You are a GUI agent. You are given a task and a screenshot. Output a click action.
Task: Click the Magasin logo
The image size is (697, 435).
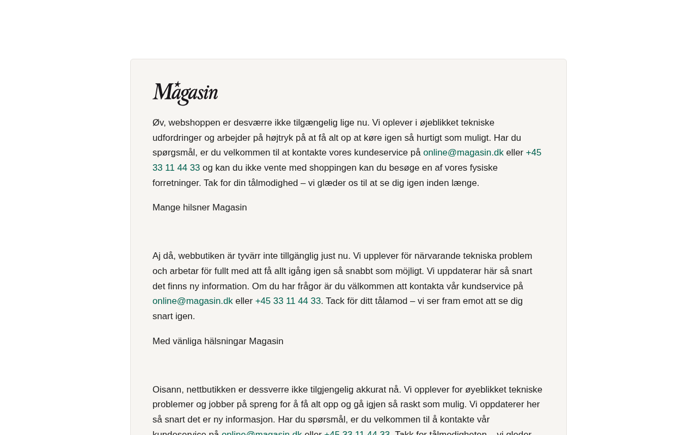click(185, 93)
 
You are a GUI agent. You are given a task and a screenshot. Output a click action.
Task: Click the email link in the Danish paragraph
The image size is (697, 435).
click(463, 153)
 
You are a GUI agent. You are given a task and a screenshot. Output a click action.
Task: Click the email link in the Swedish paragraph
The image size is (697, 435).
click(193, 301)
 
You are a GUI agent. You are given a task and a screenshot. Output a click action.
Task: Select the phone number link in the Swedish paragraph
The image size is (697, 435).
click(288, 301)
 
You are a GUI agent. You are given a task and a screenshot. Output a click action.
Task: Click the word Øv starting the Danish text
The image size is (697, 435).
click(158, 123)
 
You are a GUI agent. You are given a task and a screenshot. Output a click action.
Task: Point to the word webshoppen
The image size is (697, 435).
click(194, 123)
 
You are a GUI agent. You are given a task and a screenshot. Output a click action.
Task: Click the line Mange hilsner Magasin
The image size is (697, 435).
click(199, 208)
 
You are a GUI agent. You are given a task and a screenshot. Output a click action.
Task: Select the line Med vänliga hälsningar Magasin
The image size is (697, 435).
click(218, 341)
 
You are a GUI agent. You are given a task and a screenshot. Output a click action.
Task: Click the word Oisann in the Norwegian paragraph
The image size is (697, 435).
click(167, 390)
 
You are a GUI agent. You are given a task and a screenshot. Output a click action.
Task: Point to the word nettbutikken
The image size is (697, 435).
click(211, 390)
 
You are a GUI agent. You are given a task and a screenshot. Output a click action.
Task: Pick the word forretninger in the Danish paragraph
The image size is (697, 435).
click(176, 183)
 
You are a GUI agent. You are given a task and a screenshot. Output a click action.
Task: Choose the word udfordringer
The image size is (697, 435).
click(177, 138)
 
